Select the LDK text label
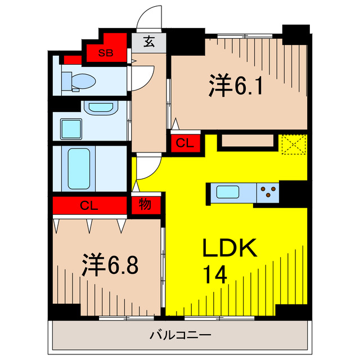point(229,248)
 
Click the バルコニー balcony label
point(180,336)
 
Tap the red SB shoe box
point(105,53)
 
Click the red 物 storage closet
point(145,205)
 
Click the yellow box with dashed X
point(293,145)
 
